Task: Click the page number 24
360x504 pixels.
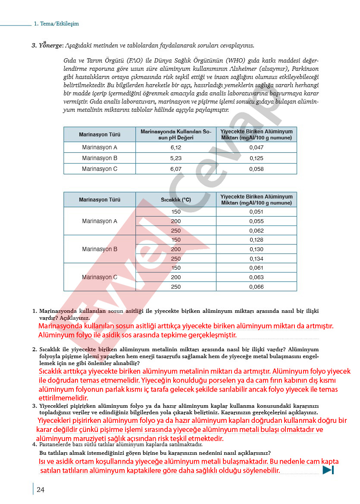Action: (41, 489)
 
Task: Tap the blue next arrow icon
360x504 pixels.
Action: (328, 470)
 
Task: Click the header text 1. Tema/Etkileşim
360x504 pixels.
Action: (56, 24)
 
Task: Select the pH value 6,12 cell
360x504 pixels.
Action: (176, 148)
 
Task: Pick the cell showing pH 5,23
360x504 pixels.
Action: (176, 158)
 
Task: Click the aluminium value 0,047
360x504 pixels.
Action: (256, 148)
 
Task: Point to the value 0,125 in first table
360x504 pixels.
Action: (256, 158)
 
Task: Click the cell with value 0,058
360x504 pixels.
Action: (256, 169)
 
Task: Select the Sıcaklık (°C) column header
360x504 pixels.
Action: (176, 200)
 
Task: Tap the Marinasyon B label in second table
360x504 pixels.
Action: (100, 249)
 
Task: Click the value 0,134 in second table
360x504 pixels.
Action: (256, 259)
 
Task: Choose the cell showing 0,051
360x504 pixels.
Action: (256, 212)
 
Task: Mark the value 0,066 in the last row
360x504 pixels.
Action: (256, 287)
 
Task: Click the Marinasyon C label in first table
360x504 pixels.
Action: (100, 169)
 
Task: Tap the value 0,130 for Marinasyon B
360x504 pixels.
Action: (256, 249)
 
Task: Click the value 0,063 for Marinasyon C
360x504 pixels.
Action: (256, 277)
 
